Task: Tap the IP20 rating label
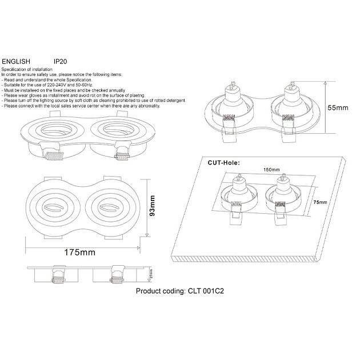coord(61,60)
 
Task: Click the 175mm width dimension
coord(79,252)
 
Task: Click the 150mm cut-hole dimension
coord(271,170)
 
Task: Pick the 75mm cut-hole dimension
coord(321,202)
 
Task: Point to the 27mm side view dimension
coord(151,274)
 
